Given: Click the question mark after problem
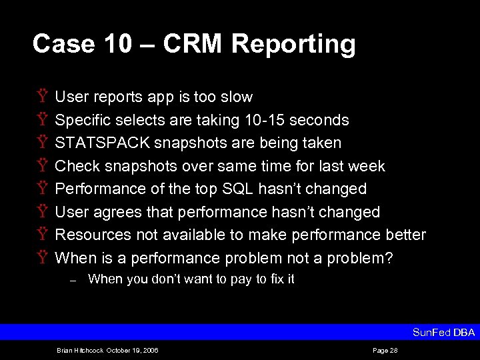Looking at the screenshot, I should coord(389,258).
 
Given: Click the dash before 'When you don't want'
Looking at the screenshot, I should coord(73,280).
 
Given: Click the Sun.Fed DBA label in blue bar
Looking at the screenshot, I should coord(443,332).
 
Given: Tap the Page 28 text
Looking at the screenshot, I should coord(385,350).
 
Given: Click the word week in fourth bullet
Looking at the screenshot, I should coord(368,166).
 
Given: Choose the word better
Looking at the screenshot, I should coord(406,235).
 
